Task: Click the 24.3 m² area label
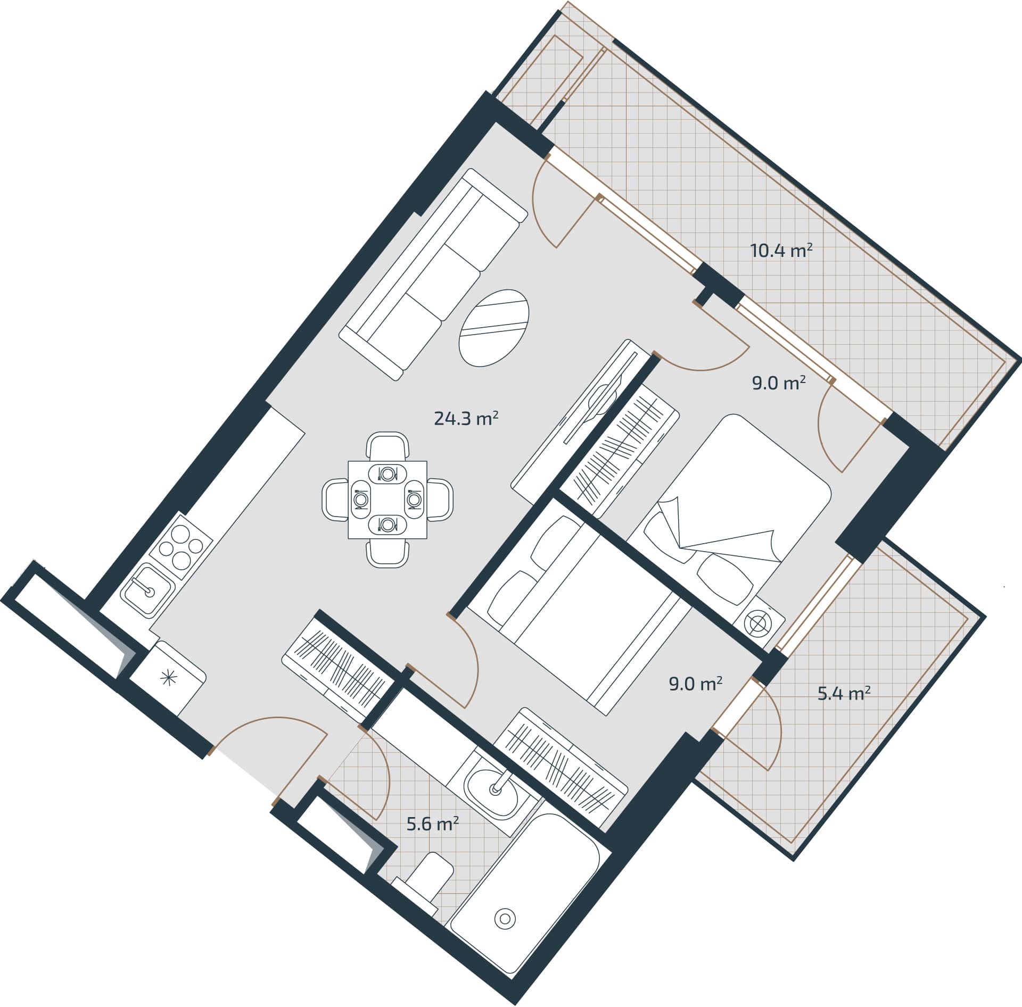(x=466, y=419)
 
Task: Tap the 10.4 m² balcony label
(x=781, y=251)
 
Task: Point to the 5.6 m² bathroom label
(x=432, y=825)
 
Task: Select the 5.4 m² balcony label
(x=844, y=694)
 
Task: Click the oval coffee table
(x=494, y=328)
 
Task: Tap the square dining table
(x=388, y=500)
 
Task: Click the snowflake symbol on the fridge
(x=168, y=678)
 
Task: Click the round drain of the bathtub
(x=505, y=918)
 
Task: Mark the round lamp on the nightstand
(x=758, y=623)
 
